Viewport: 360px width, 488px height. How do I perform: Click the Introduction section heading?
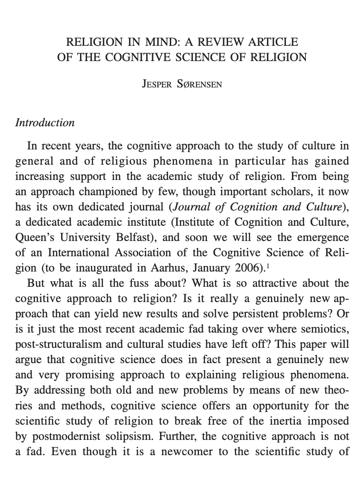click(x=44, y=123)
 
